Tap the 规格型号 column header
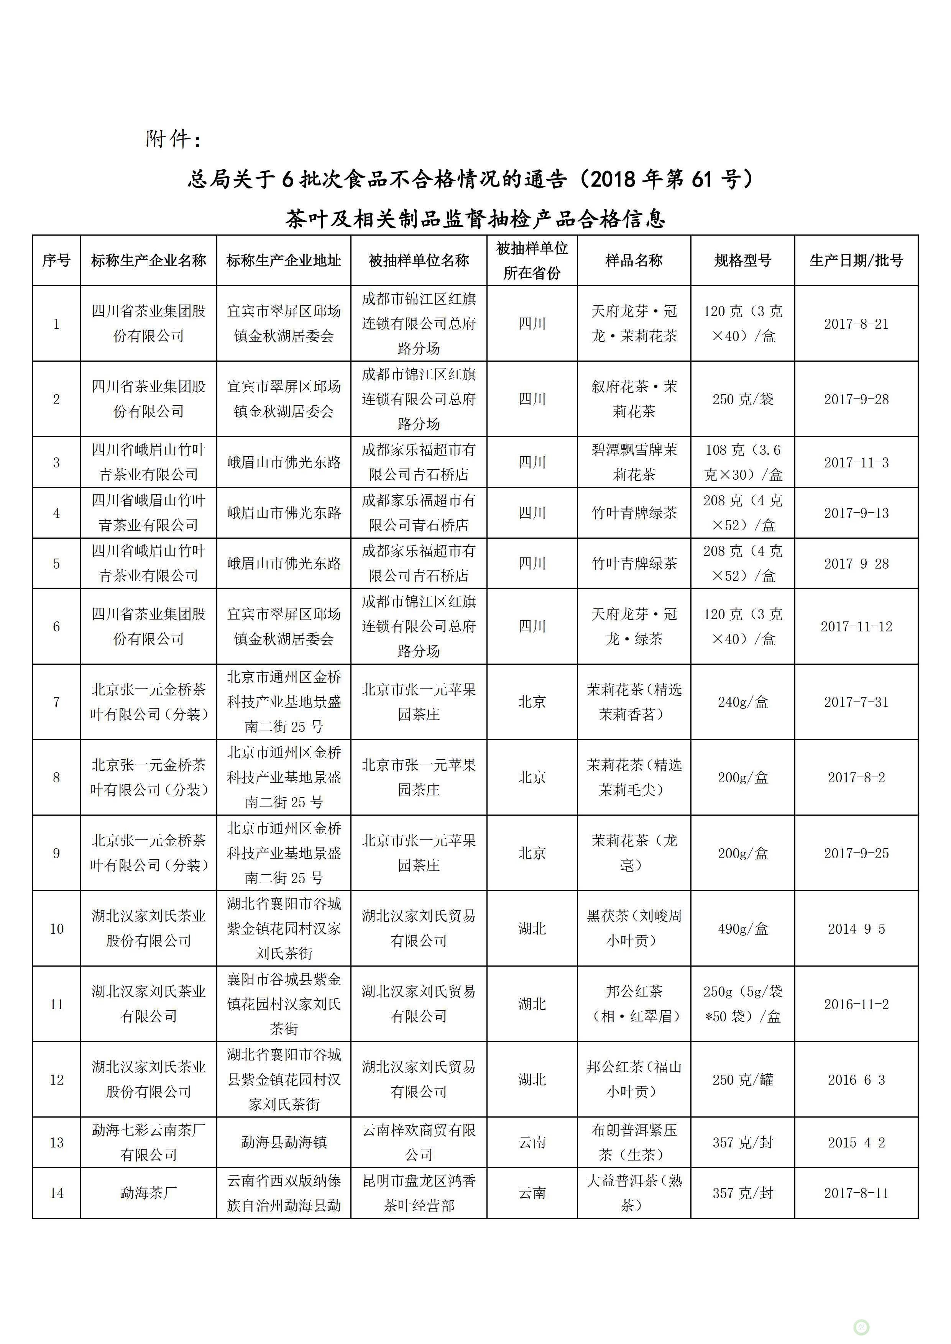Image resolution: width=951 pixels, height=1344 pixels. click(x=742, y=261)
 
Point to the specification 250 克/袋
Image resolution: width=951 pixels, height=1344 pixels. click(x=742, y=399)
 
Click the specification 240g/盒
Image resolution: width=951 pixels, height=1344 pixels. click(x=742, y=702)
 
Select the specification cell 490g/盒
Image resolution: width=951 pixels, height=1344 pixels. click(x=742, y=928)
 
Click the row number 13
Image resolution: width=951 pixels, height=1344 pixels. click(x=56, y=1142)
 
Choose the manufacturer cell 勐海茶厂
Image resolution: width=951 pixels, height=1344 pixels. click(x=148, y=1192)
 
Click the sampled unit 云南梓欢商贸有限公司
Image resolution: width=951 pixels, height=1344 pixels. click(x=418, y=1142)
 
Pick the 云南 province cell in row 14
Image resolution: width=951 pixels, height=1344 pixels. click(x=531, y=1192)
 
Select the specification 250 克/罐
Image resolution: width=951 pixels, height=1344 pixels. click(x=742, y=1079)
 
